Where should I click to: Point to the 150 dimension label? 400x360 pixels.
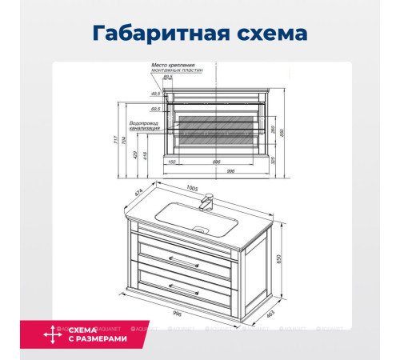[171, 162]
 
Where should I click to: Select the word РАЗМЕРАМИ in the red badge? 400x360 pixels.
[98, 339]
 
